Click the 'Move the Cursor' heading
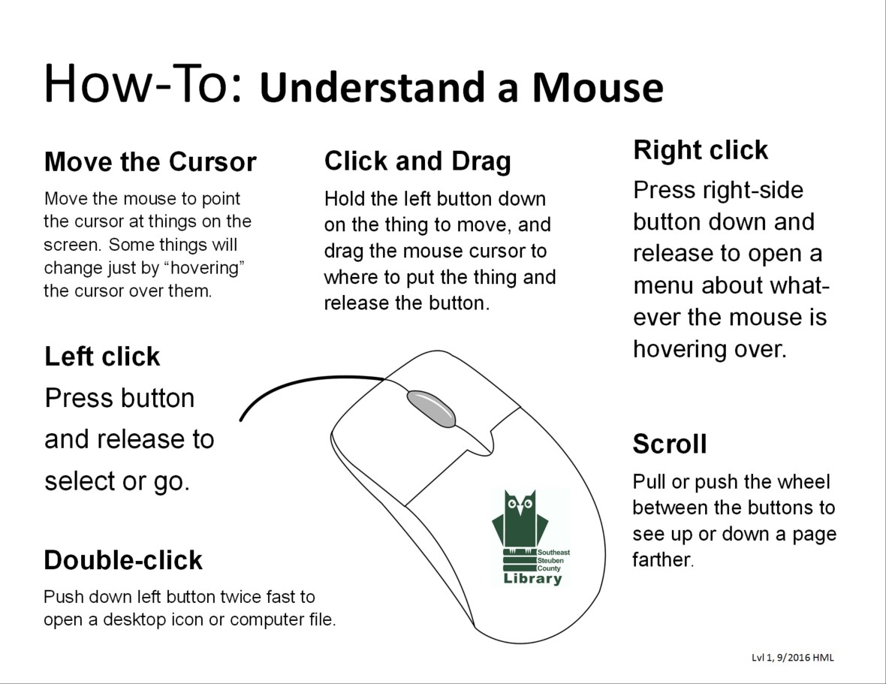(x=150, y=162)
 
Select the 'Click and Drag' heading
(x=417, y=161)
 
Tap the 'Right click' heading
(x=701, y=150)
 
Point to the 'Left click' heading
(x=102, y=356)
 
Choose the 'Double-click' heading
(x=123, y=560)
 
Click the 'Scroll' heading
(x=670, y=444)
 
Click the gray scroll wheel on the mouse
(x=432, y=408)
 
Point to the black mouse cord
(x=300, y=383)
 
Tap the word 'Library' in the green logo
(x=532, y=579)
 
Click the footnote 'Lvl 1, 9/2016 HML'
(x=792, y=658)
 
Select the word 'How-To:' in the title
(x=143, y=84)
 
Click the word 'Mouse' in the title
(x=598, y=87)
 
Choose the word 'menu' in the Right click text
(x=663, y=285)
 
